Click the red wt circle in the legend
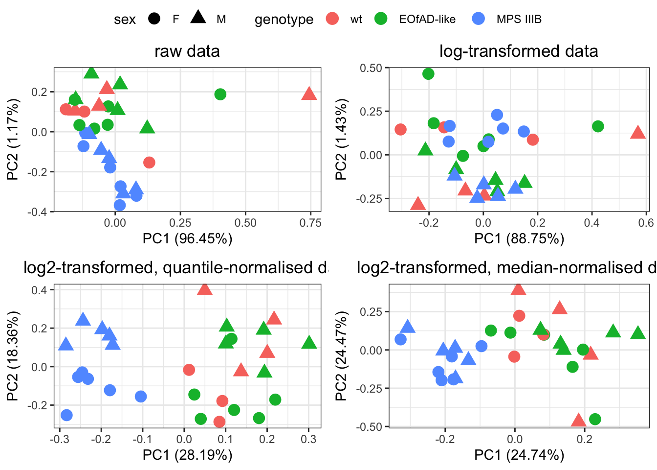(x=332, y=19)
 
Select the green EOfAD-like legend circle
(x=381, y=19)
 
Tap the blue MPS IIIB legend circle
(x=479, y=19)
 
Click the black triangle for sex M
(x=198, y=18)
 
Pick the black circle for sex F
(x=154, y=19)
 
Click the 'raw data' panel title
(x=187, y=51)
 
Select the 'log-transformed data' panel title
(x=519, y=51)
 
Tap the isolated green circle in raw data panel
(x=220, y=94)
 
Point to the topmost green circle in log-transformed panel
(x=428, y=74)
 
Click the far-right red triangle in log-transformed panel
(x=638, y=132)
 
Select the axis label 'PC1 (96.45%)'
(x=187, y=238)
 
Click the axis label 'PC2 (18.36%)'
(x=13, y=356)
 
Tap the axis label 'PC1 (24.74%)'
(x=519, y=455)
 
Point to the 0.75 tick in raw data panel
(x=310, y=223)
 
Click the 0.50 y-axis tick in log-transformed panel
(x=371, y=68)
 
